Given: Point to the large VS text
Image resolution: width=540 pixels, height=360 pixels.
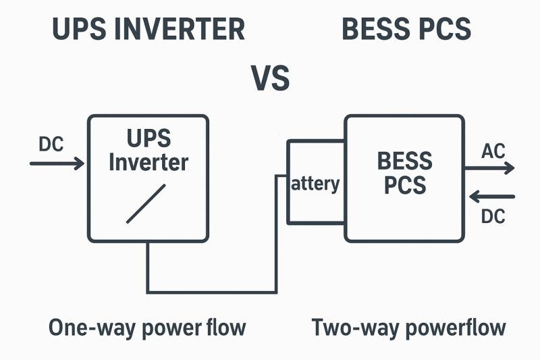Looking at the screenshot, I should [271, 78].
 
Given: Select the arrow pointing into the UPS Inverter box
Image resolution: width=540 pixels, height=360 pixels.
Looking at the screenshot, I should [57, 163].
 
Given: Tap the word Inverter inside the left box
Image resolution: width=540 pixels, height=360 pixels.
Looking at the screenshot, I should [148, 162].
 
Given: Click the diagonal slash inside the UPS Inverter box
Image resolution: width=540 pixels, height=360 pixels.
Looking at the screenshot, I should [146, 203].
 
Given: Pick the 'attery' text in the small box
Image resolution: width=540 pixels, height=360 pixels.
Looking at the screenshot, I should [315, 184].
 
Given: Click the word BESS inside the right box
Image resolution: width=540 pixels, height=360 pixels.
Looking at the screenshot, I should [404, 161].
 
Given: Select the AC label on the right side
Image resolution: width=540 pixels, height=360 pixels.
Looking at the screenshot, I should [493, 151].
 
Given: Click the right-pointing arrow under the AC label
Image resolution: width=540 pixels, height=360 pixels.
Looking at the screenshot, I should [490, 168].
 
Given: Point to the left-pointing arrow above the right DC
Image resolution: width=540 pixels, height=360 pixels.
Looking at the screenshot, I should [492, 197].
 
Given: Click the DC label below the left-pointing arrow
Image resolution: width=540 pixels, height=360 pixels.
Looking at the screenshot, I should [493, 216].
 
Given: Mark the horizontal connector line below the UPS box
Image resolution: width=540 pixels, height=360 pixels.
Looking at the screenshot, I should [212, 292].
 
